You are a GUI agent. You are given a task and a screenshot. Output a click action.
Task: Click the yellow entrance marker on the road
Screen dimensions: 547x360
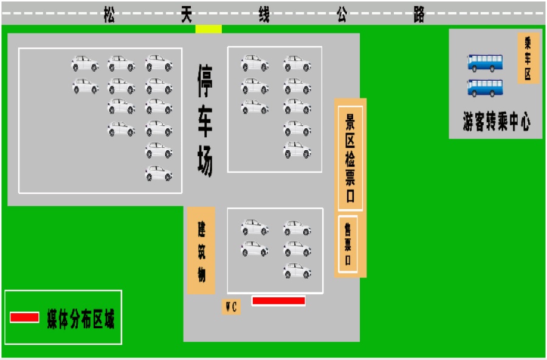[208, 29]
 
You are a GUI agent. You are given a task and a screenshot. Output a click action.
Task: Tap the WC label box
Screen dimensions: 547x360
[231, 307]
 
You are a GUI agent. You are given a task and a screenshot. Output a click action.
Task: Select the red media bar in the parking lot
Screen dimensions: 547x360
[278, 300]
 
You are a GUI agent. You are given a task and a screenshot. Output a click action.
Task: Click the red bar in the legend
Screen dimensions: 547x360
[24, 317]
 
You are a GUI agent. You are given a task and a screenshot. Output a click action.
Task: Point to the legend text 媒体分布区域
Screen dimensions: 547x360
[81, 318]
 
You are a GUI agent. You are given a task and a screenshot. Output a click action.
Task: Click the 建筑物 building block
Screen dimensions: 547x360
[201, 251]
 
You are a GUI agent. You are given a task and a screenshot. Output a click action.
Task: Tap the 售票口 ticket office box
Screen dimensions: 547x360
[348, 244]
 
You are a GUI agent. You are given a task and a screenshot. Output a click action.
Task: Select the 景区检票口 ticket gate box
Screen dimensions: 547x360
[350, 158]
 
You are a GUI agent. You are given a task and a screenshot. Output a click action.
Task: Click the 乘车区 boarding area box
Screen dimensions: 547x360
[528, 58]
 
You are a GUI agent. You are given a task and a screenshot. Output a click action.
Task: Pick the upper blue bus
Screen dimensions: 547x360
[485, 63]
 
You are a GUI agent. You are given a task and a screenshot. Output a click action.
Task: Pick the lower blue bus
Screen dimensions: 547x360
[485, 88]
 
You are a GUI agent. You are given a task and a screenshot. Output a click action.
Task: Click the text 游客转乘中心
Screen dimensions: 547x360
[497, 122]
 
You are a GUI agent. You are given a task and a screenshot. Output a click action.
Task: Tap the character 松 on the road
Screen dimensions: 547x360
[109, 15]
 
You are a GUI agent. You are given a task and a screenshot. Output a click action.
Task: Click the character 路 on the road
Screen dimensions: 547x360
[419, 15]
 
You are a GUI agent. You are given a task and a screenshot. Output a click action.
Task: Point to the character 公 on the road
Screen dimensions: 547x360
[342, 15]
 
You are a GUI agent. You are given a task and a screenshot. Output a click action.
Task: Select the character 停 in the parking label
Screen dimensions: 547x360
[205, 81]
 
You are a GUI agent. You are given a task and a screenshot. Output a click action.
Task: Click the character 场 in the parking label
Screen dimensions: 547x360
[205, 161]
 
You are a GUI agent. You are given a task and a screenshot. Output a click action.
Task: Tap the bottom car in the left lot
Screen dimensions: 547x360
[159, 173]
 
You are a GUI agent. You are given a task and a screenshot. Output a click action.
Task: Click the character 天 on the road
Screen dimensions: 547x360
[187, 15]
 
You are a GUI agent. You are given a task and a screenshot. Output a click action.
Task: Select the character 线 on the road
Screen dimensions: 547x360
[264, 15]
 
